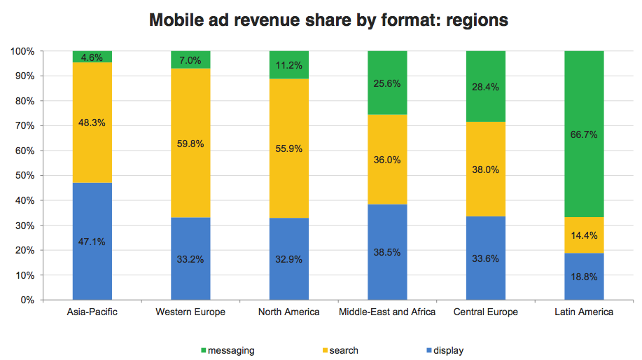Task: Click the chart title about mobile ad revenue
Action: coord(328,20)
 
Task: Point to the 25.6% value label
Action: coord(387,83)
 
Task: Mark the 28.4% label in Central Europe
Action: coord(485,87)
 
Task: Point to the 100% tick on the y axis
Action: coord(22,51)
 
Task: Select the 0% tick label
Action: coord(27,300)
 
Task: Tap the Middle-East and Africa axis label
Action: coord(387,312)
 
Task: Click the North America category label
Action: coord(289,312)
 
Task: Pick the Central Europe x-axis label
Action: coord(485,312)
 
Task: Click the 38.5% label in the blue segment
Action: coord(387,252)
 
